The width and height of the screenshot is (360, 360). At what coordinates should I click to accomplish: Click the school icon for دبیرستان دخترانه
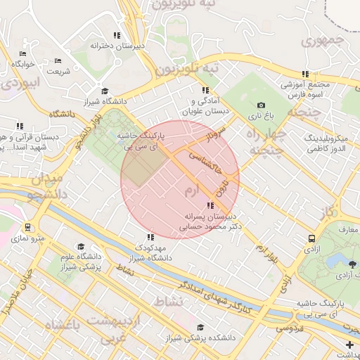pos(117,35)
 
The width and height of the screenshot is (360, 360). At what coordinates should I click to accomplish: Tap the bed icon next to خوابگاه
pos(23,53)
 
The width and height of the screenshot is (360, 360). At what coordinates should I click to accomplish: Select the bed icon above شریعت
pos(58,60)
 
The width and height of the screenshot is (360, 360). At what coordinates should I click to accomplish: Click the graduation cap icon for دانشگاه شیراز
pos(105,91)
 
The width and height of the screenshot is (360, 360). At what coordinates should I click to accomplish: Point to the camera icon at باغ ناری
pos(261,105)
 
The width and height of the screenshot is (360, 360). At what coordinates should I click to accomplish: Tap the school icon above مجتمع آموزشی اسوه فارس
pos(304,74)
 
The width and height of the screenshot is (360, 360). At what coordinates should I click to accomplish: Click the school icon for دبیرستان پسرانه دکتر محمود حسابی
pos(210,205)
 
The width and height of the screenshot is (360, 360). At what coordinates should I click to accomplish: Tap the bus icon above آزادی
pos(311,238)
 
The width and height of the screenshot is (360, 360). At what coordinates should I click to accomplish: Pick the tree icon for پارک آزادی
pos(352,264)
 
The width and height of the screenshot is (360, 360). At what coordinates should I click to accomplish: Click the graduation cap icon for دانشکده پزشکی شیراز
pos(202,327)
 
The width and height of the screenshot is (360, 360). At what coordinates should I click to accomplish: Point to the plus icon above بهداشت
pos(350,344)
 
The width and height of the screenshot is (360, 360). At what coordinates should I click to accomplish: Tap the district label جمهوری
pos(324,41)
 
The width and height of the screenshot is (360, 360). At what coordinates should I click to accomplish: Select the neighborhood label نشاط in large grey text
pos(167,300)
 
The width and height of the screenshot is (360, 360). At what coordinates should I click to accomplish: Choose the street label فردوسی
pos(289,327)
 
